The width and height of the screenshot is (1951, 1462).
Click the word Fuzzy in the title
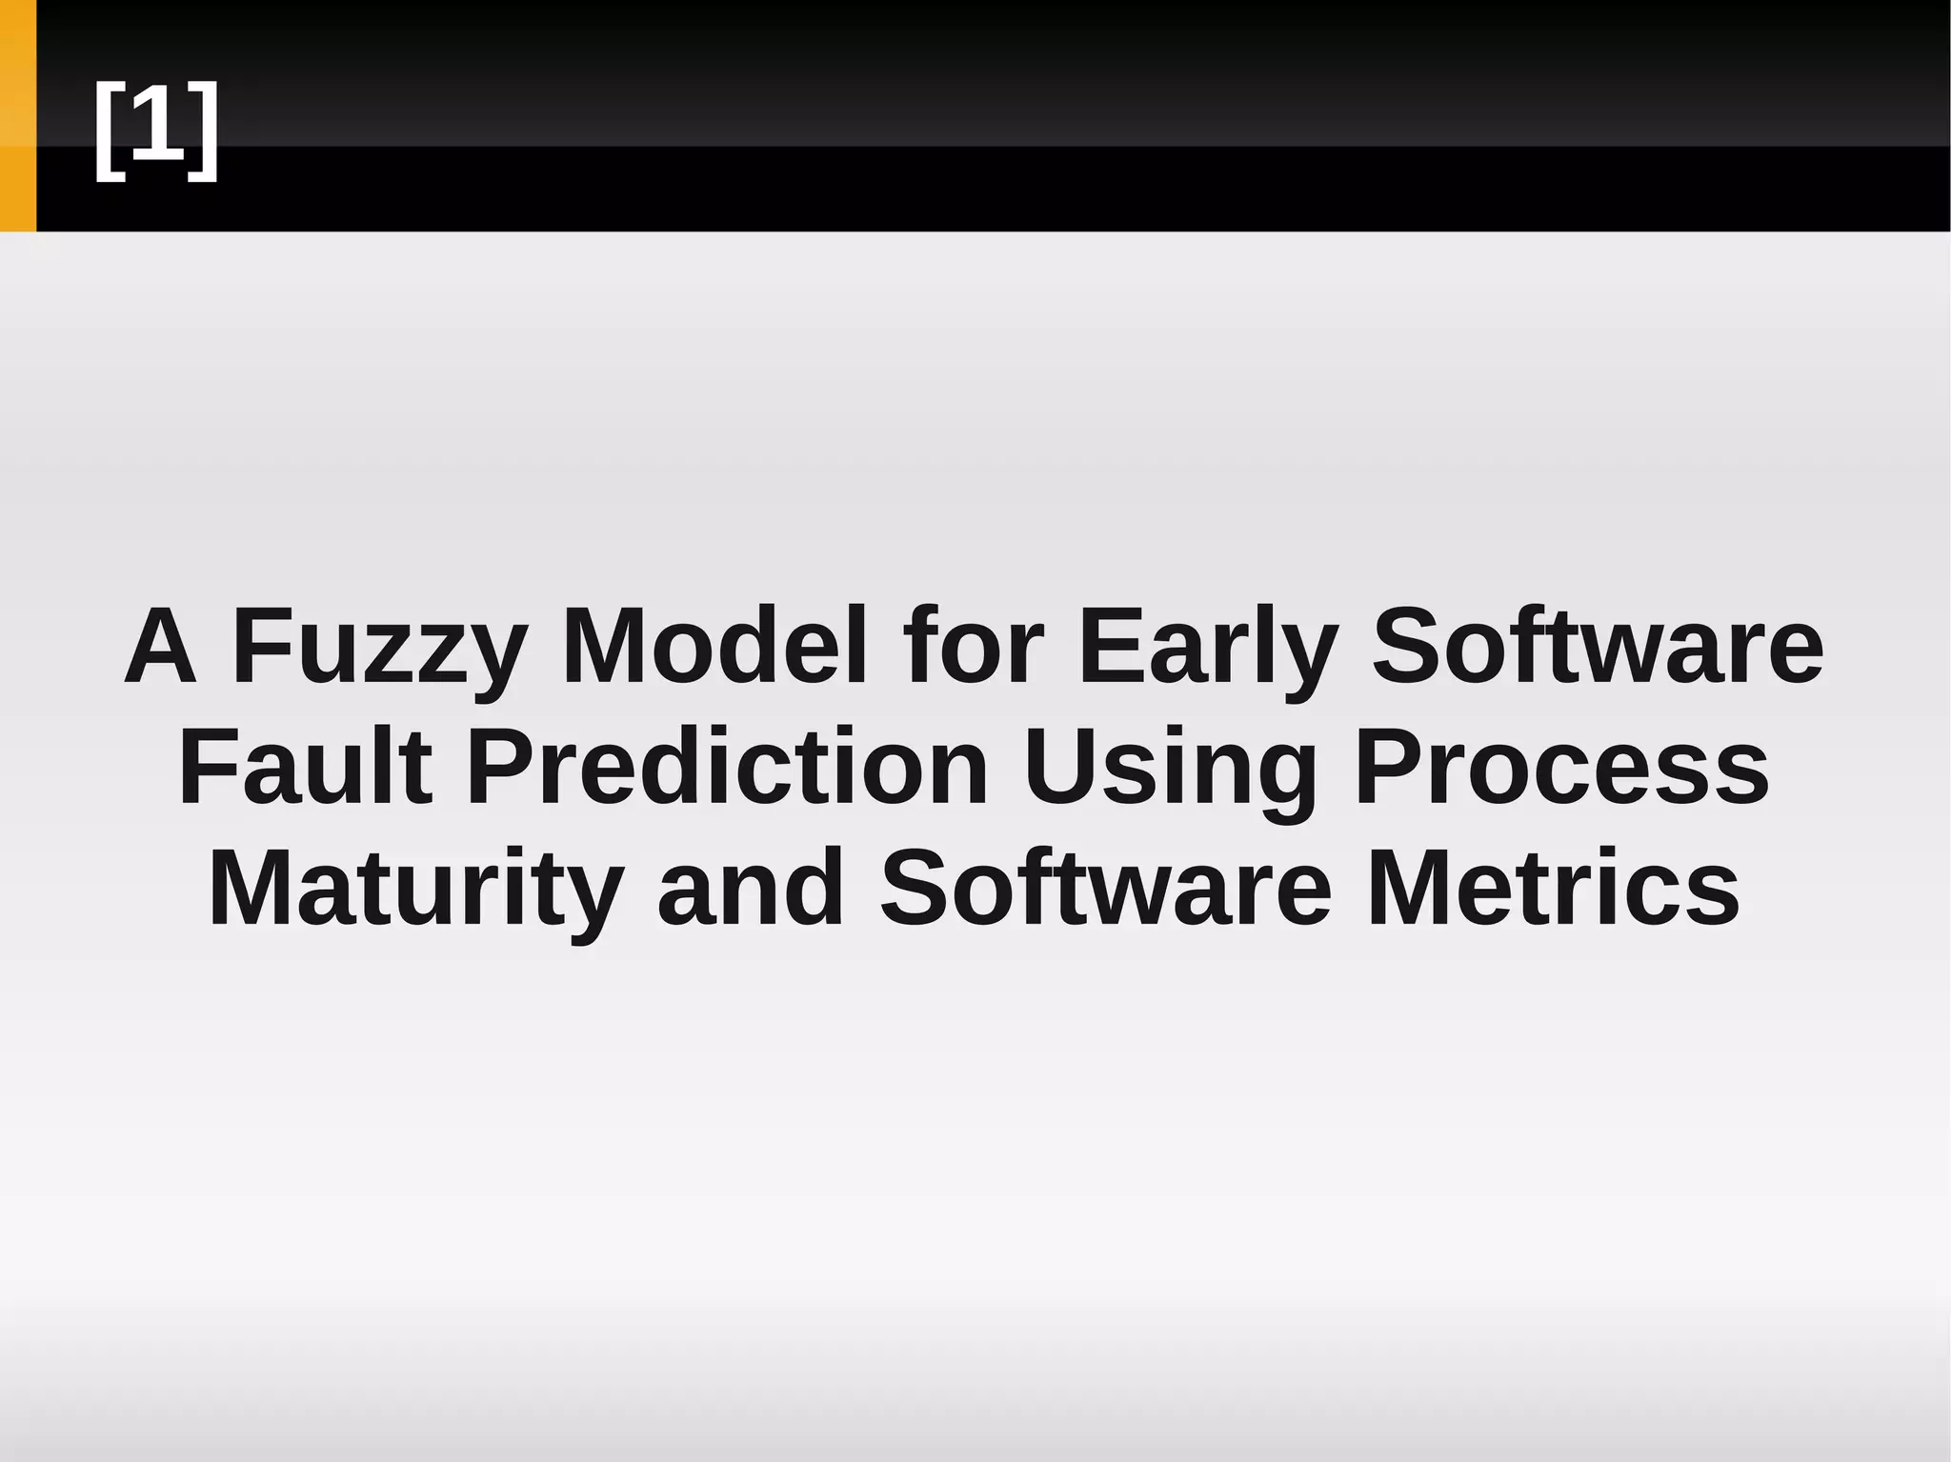pyautogui.click(x=379, y=648)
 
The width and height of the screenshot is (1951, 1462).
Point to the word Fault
pyautogui.click(x=305, y=767)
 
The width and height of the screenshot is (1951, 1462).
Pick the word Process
pyautogui.click(x=1561, y=767)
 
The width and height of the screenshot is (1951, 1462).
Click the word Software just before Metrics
pyautogui.click(x=1105, y=888)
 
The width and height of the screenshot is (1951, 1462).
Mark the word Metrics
pyautogui.click(x=1554, y=888)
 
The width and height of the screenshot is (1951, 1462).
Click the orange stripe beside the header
pyautogui.click(x=17, y=115)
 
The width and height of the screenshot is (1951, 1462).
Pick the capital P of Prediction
pyautogui.click(x=497, y=767)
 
